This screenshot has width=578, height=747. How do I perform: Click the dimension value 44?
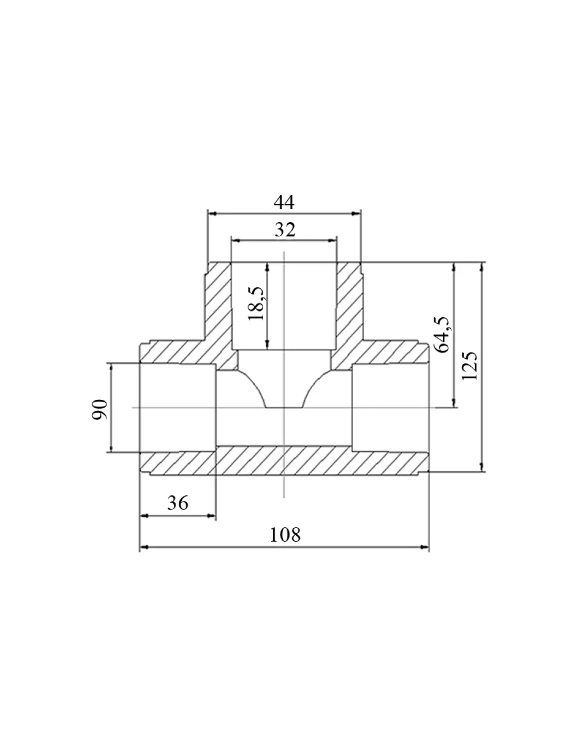[x=284, y=202]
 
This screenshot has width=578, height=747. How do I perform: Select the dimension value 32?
[x=285, y=230]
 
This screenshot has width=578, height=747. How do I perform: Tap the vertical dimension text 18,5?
[x=256, y=303]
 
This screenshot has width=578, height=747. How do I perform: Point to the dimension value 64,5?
[x=442, y=334]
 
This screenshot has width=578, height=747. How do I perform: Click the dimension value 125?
[x=469, y=366]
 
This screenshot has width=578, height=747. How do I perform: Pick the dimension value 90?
[x=100, y=409]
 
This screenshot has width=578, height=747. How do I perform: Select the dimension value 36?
[x=178, y=503]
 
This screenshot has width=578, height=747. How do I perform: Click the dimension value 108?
[x=285, y=535]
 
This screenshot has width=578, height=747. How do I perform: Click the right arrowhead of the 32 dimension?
[x=333, y=240]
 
